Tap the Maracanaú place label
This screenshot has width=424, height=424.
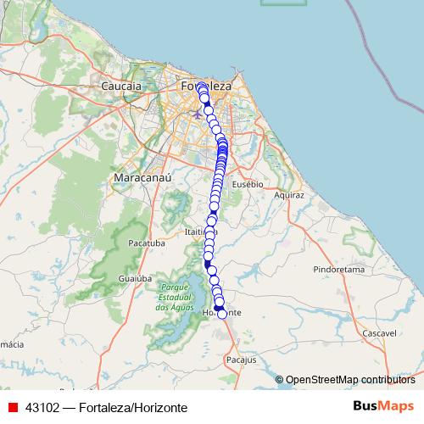point(131,179)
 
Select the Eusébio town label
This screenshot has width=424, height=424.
point(248,183)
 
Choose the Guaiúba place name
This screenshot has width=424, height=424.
point(135,277)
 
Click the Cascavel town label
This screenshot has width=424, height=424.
point(378,334)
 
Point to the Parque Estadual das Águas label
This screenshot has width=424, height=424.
point(173,297)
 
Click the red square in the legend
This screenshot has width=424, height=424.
point(13,407)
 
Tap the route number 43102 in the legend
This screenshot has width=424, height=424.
point(42,407)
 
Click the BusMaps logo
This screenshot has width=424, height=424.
point(384,406)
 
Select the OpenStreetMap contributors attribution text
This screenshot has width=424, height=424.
point(350,379)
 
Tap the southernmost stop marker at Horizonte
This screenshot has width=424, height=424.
point(222,314)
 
